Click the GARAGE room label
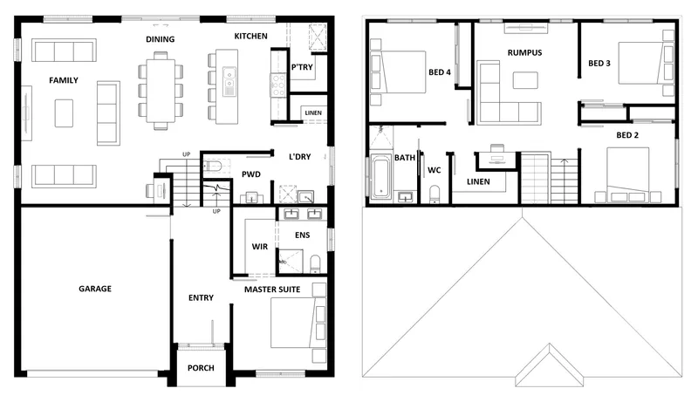95,289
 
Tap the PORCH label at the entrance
201,368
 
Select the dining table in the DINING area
161,91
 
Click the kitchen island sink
229,81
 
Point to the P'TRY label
302,67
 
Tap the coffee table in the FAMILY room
64,113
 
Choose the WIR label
259,247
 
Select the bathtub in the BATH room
380,176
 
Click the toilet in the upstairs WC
434,194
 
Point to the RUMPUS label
525,52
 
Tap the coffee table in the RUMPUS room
525,80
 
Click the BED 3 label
599,63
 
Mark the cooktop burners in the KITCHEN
278,85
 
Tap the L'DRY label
299,157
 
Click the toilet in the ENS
315,263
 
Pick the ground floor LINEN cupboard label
313,113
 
